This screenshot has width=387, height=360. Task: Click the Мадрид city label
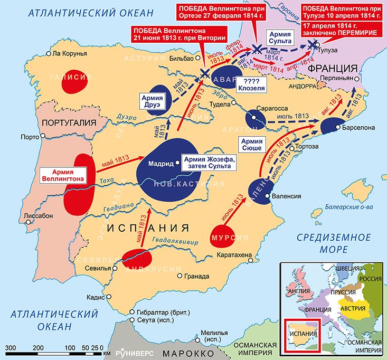tap(160, 164)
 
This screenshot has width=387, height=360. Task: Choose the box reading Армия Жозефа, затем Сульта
tap(208, 163)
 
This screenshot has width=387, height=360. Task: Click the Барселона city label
tap(358, 128)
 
